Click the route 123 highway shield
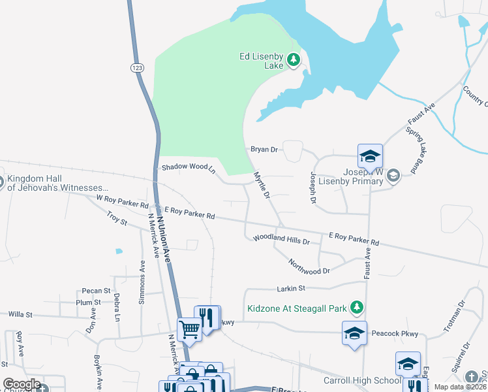point(137,67)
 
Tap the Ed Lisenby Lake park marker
point(294,61)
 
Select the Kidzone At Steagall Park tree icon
point(356,307)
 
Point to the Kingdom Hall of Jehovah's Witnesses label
point(58,183)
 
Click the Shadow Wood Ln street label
point(189,168)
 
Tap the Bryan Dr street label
point(264,150)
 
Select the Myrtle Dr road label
point(262,186)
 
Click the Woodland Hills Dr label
point(281,240)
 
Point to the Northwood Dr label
point(310,266)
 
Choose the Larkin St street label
point(291,288)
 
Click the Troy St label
point(117,218)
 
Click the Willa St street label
point(20,314)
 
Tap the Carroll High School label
point(362,381)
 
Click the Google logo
point(22,384)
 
